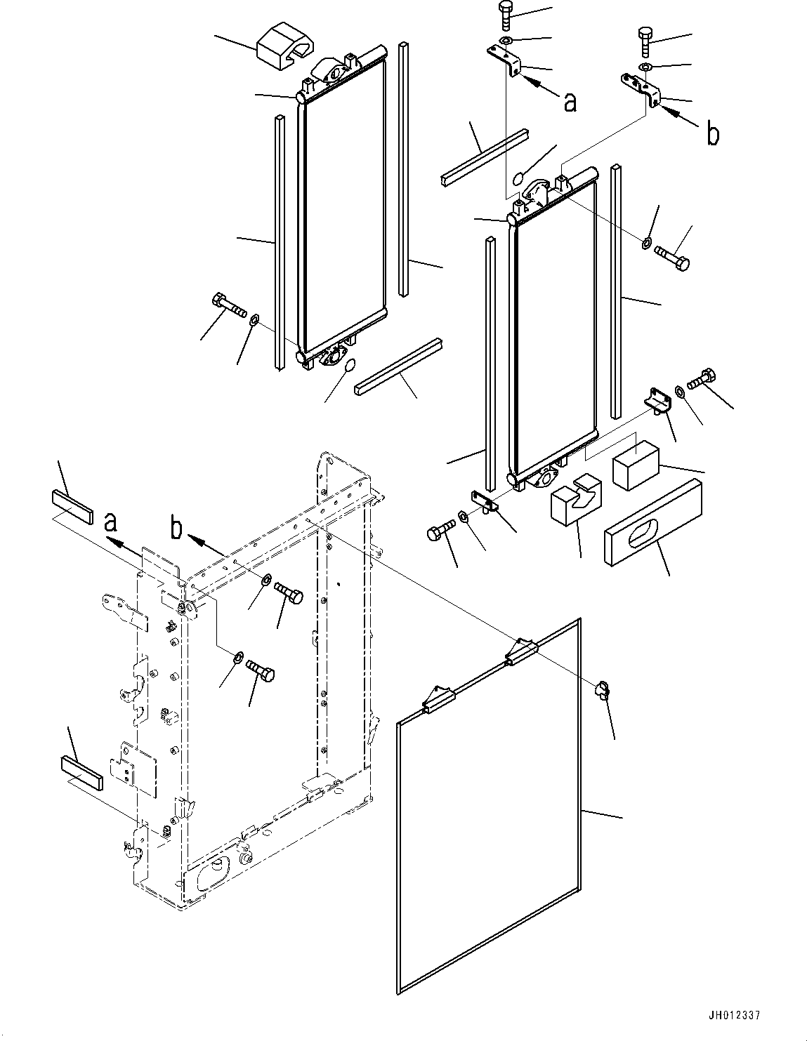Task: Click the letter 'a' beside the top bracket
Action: tap(570, 102)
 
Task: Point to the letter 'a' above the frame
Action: tap(110, 523)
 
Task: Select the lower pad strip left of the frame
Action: tap(81, 771)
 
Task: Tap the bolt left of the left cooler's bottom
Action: tap(226, 306)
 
